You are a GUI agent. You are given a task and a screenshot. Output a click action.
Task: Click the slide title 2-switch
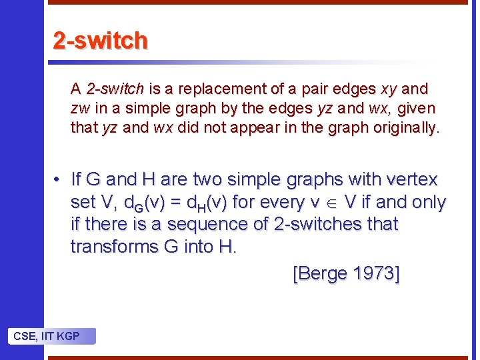click(100, 41)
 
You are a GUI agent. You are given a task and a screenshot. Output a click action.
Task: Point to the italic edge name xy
click(389, 89)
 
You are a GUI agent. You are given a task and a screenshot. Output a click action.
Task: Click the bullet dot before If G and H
click(59, 179)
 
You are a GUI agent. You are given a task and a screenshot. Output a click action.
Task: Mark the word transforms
click(113, 247)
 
